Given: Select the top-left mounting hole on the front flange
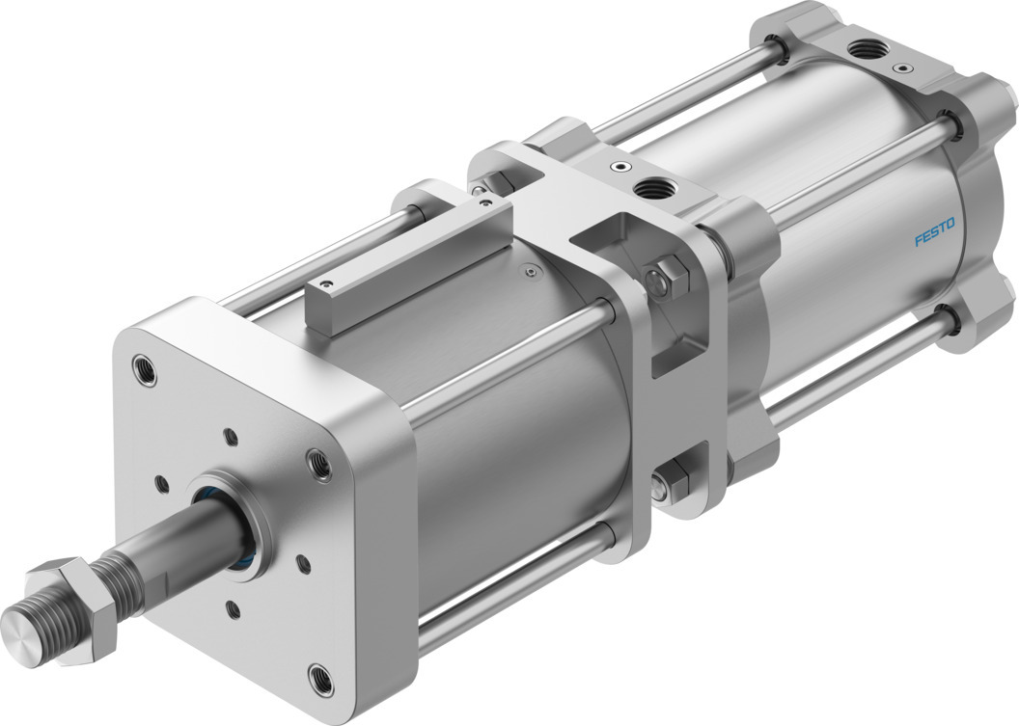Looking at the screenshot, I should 145,369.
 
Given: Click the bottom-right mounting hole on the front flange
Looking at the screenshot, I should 320,677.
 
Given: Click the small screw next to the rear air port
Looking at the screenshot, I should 902,68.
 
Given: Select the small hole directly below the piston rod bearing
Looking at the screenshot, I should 234,608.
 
